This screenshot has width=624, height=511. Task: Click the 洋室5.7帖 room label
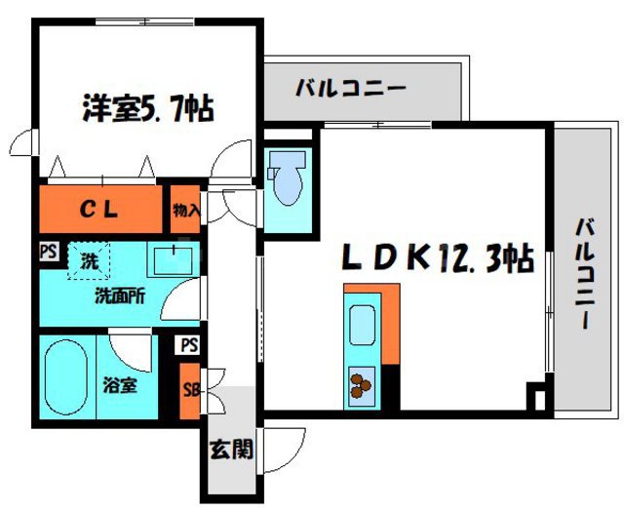coord(148,104)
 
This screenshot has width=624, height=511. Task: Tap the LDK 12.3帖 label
coord(436,259)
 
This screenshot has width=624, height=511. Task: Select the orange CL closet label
coord(99,208)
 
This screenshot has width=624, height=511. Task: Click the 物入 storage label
coord(185,209)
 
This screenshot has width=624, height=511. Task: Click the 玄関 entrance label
coord(232,450)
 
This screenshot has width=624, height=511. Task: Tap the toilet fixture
coord(288,181)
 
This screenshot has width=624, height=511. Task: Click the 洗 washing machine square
coord(89,261)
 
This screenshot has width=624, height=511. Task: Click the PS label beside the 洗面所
coord(48,251)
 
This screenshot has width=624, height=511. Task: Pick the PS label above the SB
coord(189,345)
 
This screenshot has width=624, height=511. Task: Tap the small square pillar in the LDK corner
coord(533,398)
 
